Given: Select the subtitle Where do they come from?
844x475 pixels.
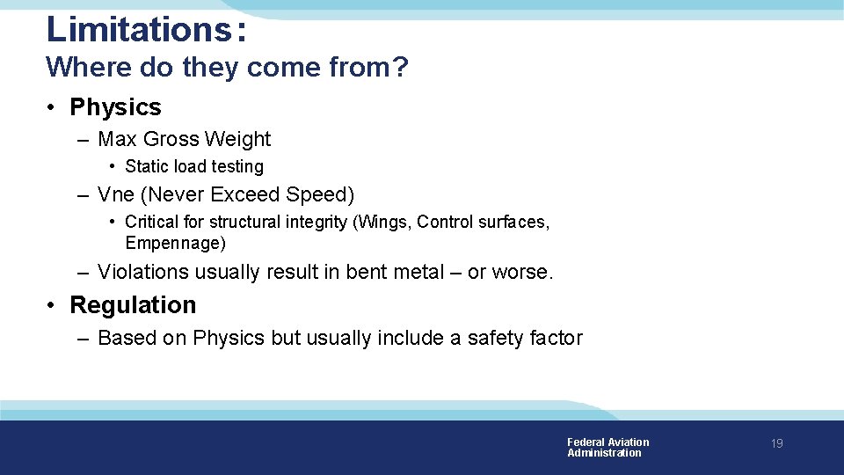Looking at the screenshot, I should click(x=227, y=67).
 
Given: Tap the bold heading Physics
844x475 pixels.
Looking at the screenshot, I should click(x=115, y=107).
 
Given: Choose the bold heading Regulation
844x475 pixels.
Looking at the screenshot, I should click(x=133, y=305).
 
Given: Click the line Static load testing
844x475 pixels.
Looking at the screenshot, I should click(x=194, y=166).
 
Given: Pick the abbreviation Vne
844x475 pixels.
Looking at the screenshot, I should click(x=114, y=194).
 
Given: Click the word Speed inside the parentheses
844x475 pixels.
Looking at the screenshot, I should click(x=320, y=194).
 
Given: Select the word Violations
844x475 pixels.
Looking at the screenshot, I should click(x=143, y=273).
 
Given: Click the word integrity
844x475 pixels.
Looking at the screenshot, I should click(x=316, y=222).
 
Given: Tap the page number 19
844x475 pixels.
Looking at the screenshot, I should click(x=776, y=444).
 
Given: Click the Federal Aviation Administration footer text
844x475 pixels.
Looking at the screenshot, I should click(x=608, y=448).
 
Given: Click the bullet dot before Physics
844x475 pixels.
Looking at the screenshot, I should click(x=53, y=107).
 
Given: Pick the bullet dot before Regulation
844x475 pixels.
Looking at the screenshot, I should click(x=53, y=305).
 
